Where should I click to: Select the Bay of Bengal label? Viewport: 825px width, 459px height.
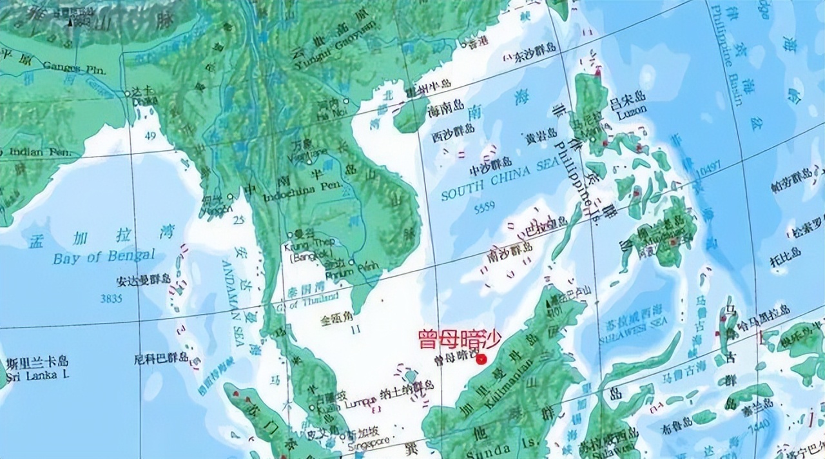coord(104,256)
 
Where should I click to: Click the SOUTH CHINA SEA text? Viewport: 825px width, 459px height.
coord(496,181)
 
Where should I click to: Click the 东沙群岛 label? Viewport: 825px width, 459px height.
coord(534,56)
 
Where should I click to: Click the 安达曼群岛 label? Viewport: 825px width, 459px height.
coord(143,280)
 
